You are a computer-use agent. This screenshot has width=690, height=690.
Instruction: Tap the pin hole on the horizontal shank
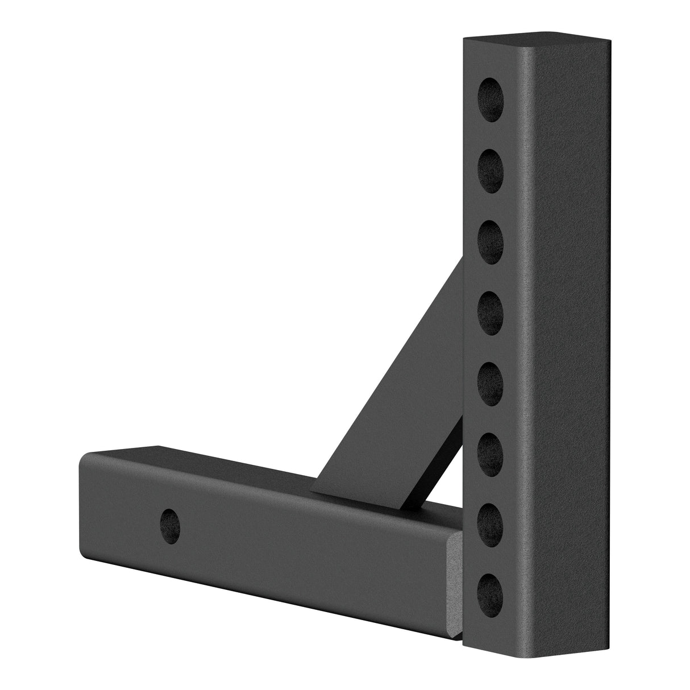(x=169, y=505)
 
